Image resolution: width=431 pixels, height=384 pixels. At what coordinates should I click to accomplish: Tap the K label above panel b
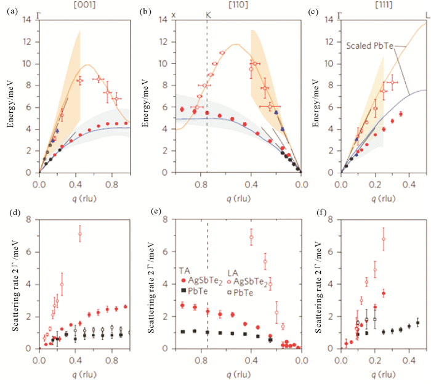click(x=207, y=14)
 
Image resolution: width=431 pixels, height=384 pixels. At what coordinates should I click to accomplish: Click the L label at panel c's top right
click(x=425, y=14)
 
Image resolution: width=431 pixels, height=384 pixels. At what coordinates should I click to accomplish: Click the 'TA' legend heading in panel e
click(x=184, y=271)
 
